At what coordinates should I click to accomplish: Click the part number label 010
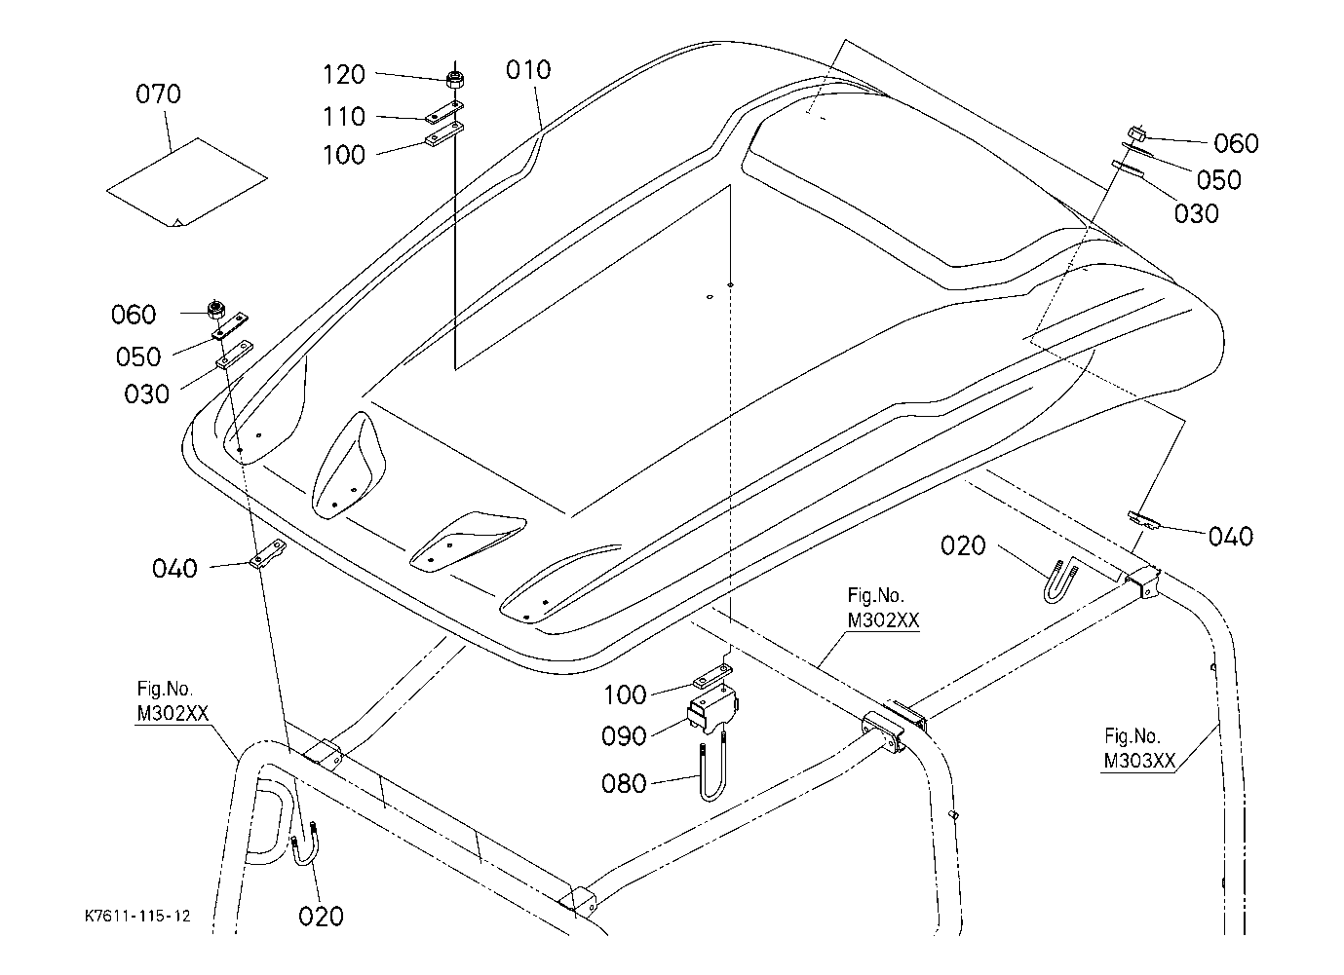click(528, 71)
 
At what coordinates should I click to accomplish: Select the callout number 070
click(158, 94)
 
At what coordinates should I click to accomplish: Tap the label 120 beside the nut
click(344, 75)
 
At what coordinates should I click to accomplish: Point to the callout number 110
click(344, 117)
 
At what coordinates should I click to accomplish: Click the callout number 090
click(624, 736)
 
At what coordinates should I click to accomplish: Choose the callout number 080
click(624, 784)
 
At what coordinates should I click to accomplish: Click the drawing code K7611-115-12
click(137, 917)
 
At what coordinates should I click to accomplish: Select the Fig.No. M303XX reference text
click(1138, 748)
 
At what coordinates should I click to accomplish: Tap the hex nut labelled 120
click(455, 79)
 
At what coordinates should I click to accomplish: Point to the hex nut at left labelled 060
click(215, 310)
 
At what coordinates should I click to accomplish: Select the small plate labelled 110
click(444, 111)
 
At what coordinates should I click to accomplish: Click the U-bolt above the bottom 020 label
click(305, 844)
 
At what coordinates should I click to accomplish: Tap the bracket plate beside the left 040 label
click(268, 554)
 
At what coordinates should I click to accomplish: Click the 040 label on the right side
click(1231, 537)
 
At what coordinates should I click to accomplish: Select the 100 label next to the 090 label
click(625, 695)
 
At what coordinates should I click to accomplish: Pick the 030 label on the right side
click(1197, 214)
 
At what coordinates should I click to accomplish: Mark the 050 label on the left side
click(138, 357)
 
